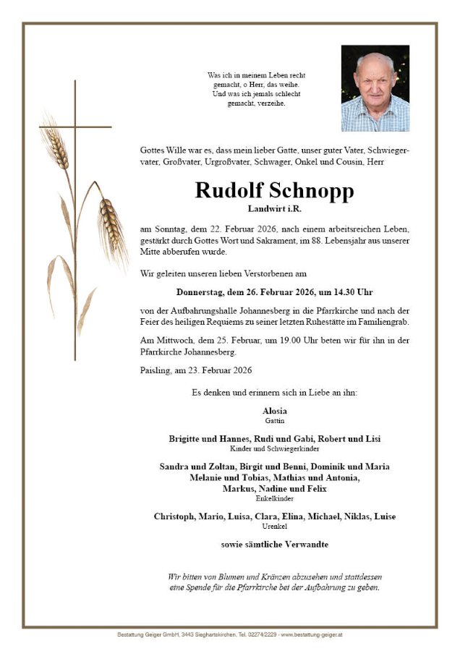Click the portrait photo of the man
point(375,88)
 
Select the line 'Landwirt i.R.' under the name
point(274,209)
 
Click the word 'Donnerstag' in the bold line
point(200,292)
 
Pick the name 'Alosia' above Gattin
point(274,411)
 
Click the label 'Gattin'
point(274,420)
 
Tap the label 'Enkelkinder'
point(274,498)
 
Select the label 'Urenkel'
point(274,526)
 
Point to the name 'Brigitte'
point(186,438)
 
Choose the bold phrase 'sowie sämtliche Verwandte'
point(274,543)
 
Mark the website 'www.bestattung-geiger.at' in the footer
point(312,634)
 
